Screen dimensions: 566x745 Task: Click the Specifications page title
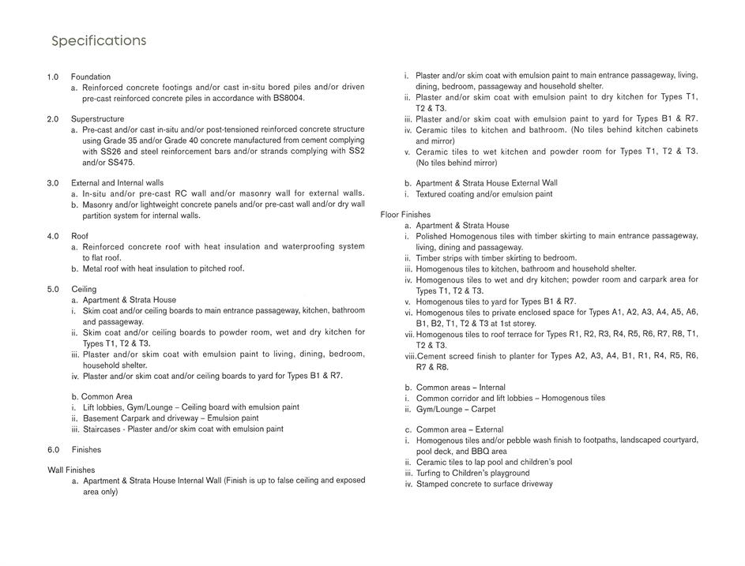pos(99,41)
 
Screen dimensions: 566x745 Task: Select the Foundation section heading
pos(90,77)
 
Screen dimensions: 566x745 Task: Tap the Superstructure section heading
pos(96,118)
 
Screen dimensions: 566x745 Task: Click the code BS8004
pos(287,98)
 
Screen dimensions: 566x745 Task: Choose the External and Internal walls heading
pos(117,182)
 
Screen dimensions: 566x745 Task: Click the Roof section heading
pos(79,236)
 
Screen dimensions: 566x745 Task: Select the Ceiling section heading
pos(84,289)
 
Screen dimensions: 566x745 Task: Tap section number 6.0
pos(53,449)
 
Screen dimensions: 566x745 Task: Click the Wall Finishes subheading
pos(71,470)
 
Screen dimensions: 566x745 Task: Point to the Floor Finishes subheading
pos(405,215)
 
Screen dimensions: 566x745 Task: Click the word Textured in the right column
pos(433,194)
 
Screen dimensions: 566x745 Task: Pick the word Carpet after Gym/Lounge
pos(483,409)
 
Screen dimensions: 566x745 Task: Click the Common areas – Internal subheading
pos(461,388)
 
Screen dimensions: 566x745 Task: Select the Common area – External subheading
pos(459,429)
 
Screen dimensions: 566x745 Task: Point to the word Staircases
pos(103,429)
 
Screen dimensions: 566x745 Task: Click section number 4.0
pos(53,236)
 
